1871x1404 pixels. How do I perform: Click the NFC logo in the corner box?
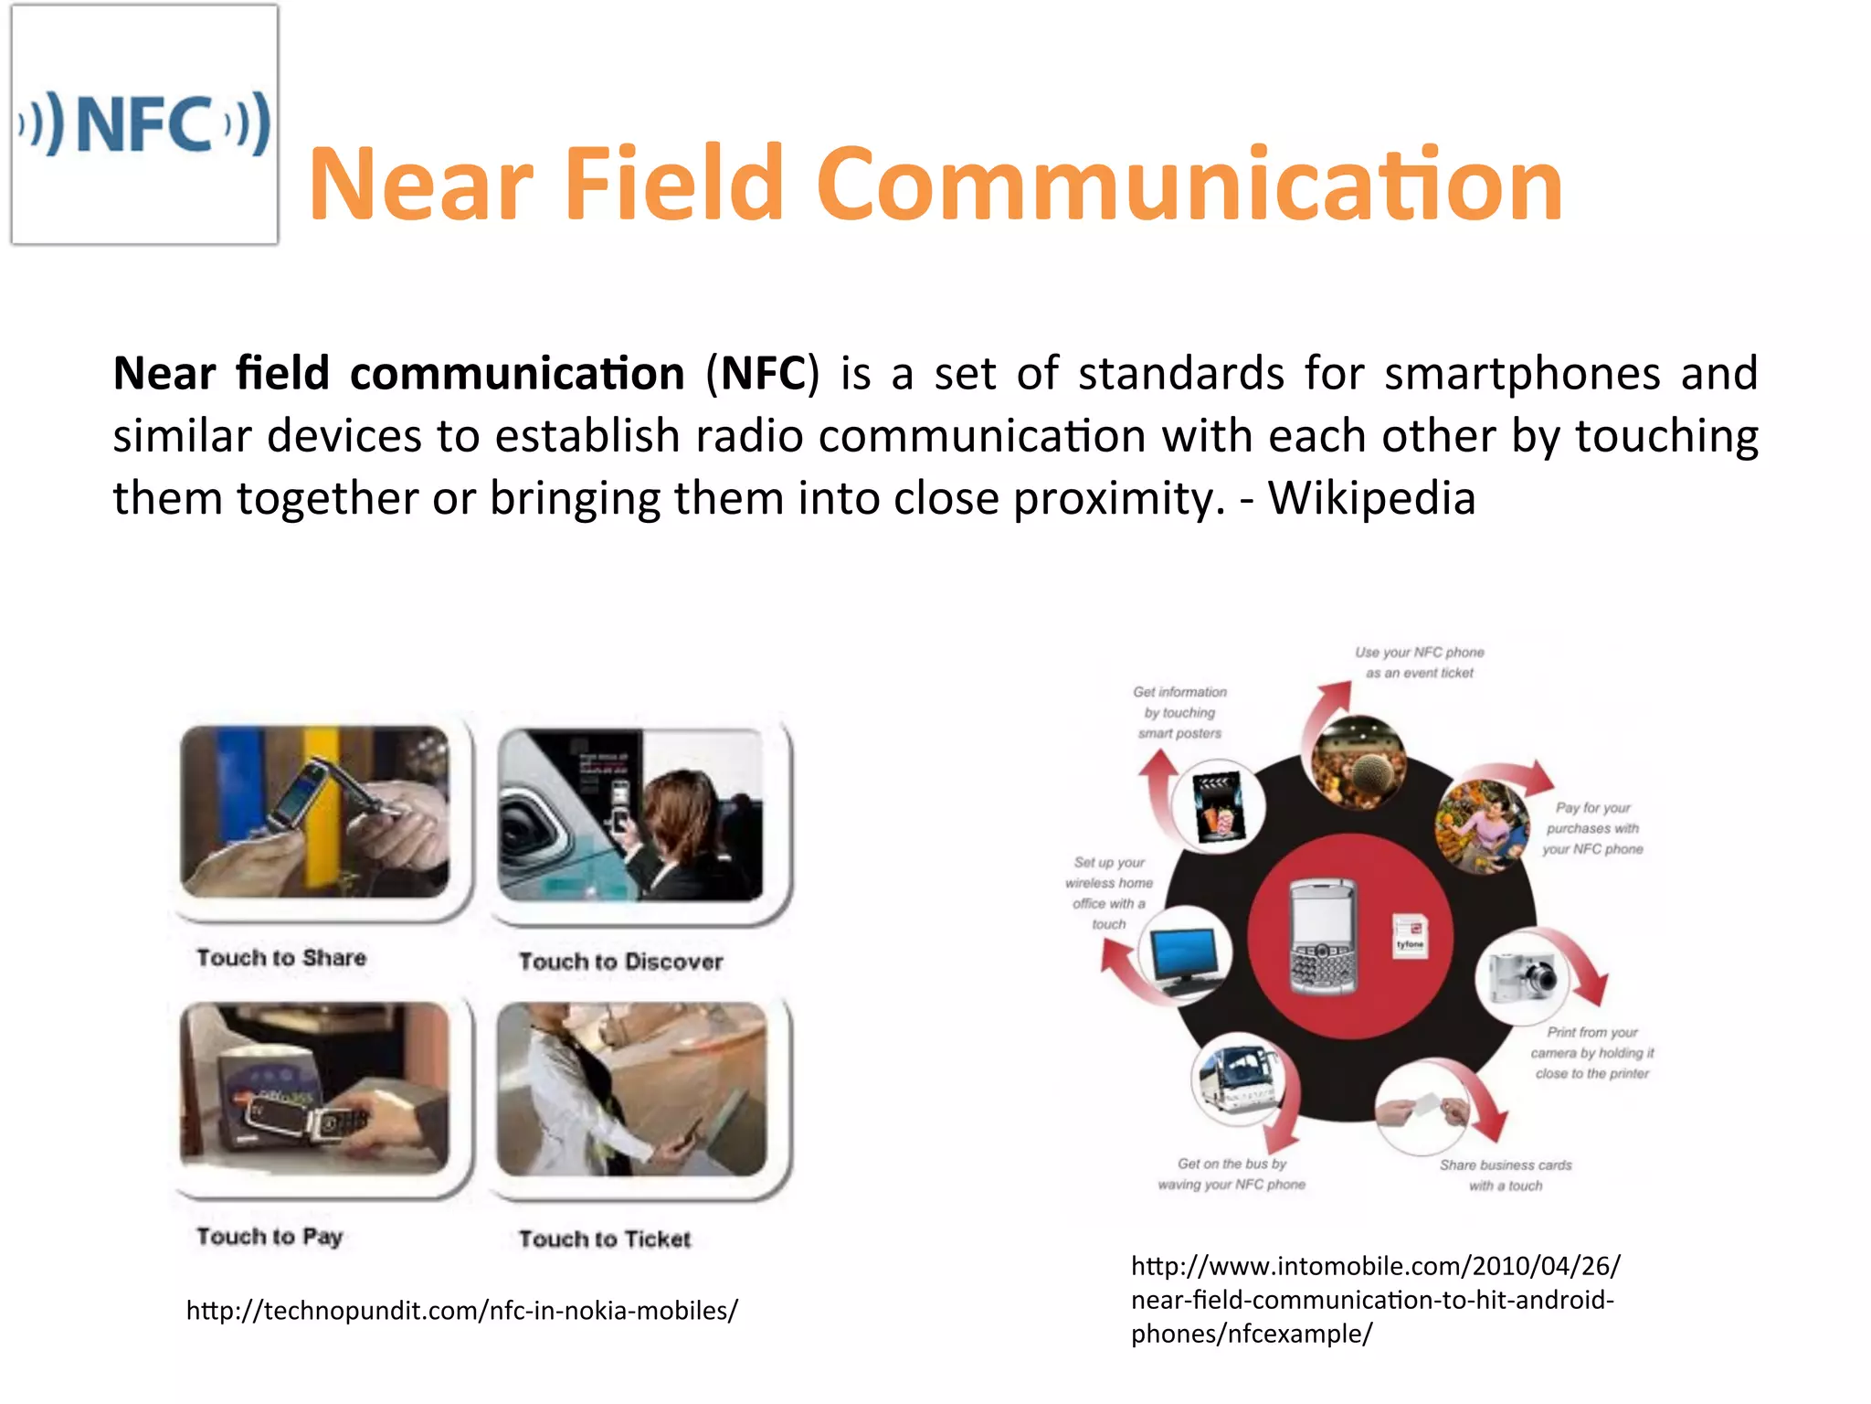pos(144,124)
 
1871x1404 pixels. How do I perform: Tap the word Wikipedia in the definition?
pos(1371,499)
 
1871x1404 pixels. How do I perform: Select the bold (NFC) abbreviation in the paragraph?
pos(763,374)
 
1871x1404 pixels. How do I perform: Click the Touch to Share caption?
pos(281,958)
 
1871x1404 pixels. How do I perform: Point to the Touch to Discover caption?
pos(621,962)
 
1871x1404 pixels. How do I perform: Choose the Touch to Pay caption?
pos(270,1237)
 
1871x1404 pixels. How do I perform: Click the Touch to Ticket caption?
pos(605,1239)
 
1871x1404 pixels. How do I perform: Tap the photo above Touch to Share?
pos(315,812)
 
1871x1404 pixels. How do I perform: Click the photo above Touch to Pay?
pos(315,1088)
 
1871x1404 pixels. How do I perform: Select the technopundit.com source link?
pos(461,1311)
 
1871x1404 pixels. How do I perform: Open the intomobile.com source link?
pos(1375,1300)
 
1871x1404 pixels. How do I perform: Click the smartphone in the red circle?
pos(1322,937)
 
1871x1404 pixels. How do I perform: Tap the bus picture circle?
pos(1238,1079)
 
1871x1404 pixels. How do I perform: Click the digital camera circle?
pos(1521,976)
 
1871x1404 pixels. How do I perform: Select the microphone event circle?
pos(1358,761)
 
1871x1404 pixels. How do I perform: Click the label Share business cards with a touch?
pos(1506,1175)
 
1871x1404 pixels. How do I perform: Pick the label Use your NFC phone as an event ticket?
pos(1419,663)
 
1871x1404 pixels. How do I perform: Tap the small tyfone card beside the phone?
pos(1410,937)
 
